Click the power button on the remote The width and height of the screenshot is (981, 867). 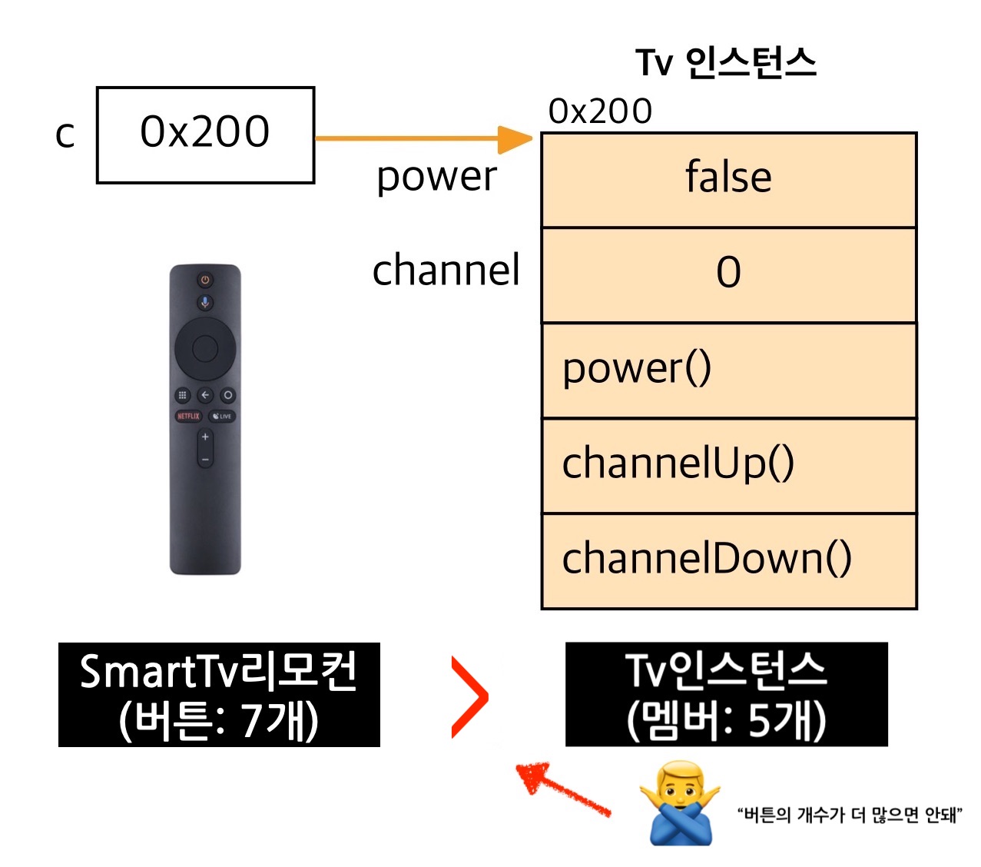[205, 279]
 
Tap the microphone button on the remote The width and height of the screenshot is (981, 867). [205, 302]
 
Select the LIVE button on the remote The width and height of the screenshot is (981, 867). [222, 416]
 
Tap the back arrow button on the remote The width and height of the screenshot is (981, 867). [205, 395]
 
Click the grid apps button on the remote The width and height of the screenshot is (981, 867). [183, 395]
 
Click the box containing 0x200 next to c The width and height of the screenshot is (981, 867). [205, 135]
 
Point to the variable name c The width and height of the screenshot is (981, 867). [65, 135]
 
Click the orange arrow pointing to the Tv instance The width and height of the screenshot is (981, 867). [423, 138]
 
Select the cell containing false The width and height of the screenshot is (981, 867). [728, 180]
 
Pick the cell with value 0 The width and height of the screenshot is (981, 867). [728, 274]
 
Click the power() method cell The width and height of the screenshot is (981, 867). [728, 370]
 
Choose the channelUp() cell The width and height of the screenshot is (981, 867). [728, 465]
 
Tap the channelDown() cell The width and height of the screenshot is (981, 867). [728, 560]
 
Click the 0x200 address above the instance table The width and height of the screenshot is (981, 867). [600, 111]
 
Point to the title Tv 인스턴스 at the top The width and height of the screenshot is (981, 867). [725, 62]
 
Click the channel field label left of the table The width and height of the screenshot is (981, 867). [446, 271]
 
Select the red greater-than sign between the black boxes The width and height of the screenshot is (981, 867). [469, 697]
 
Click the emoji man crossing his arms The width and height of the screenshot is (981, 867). [680, 804]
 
